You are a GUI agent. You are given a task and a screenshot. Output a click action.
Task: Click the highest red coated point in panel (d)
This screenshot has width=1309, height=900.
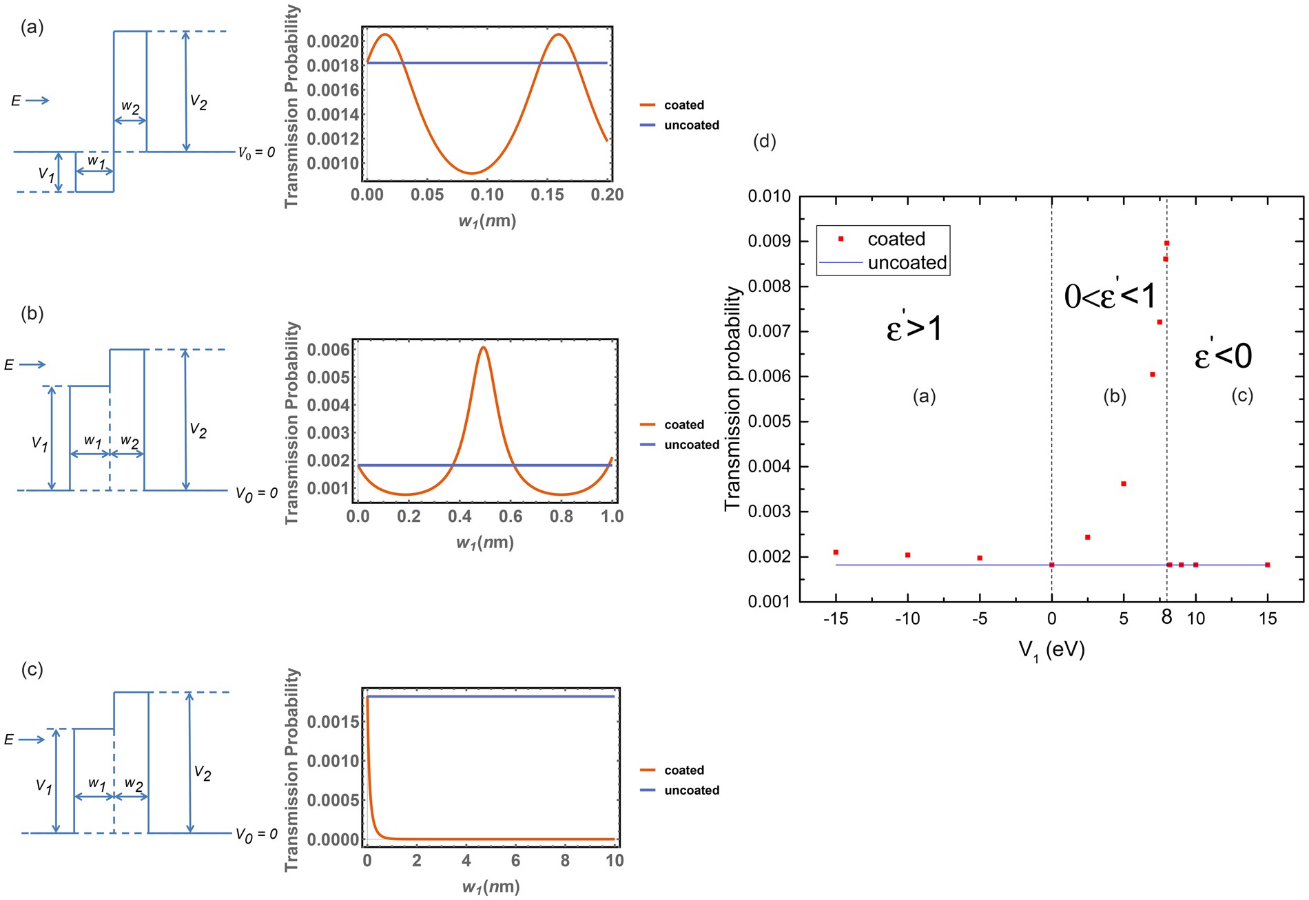point(1166,243)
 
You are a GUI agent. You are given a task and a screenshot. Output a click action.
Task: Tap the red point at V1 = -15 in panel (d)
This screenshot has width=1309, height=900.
point(836,552)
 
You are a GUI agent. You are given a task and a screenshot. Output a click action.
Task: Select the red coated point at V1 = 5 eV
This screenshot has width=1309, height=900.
point(1124,484)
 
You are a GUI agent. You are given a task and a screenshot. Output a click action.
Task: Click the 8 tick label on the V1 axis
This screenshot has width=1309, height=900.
point(1166,617)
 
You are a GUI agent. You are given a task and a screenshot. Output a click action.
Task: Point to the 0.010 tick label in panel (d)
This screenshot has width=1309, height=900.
point(769,197)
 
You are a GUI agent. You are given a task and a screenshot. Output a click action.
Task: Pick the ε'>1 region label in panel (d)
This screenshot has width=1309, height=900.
point(914,328)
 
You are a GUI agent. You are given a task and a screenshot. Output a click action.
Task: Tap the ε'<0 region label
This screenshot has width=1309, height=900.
point(1223,356)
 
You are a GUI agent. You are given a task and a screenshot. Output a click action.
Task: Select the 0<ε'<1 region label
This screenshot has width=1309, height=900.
point(1110,296)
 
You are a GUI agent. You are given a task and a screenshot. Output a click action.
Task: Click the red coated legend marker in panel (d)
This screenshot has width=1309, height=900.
point(841,239)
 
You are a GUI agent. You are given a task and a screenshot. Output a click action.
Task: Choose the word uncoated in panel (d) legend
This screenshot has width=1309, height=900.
point(907,263)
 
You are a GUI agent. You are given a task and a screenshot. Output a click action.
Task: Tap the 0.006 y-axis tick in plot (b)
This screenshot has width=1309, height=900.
point(328,350)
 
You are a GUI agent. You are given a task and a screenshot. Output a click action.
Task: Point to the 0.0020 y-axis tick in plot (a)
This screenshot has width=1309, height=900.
point(333,42)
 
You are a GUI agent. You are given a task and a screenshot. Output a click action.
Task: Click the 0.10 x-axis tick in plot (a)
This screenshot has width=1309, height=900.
point(487,195)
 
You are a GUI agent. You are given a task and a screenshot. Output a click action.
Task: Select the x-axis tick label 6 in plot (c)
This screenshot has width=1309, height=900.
point(515,861)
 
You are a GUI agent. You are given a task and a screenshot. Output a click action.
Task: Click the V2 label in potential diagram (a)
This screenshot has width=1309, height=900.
point(198,103)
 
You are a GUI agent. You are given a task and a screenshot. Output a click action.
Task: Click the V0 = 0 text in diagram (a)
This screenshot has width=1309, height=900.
point(256,153)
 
